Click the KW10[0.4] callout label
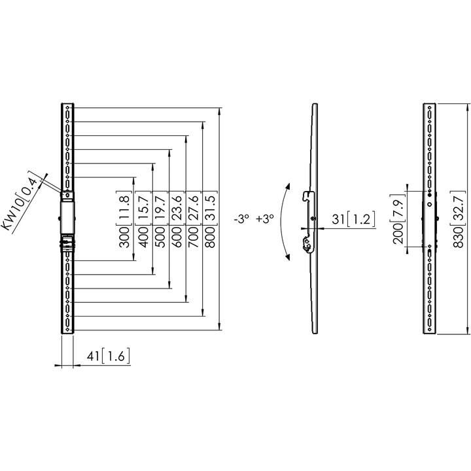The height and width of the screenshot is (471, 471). click(x=22, y=202)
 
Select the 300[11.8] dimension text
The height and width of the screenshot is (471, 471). click(x=124, y=219)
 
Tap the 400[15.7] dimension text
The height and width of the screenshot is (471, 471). click(x=144, y=219)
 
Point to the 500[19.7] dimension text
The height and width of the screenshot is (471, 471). click(x=161, y=219)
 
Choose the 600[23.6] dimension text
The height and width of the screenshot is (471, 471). click(x=177, y=219)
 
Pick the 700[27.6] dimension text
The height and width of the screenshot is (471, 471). click(x=194, y=219)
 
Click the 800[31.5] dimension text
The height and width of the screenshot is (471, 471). click(x=211, y=219)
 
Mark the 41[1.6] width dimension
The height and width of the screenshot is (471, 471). click(x=109, y=357)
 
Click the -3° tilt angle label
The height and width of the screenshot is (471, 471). click(x=242, y=218)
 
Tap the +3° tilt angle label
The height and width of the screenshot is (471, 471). click(x=265, y=218)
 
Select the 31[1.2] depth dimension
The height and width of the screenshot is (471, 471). click(x=353, y=219)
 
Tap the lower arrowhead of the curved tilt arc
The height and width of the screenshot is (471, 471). click(x=287, y=256)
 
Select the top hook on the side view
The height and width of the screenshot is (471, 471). click(x=307, y=196)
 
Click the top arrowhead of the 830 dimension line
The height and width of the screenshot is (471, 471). click(x=467, y=107)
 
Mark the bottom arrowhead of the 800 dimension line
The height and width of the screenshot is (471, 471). click(x=203, y=312)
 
